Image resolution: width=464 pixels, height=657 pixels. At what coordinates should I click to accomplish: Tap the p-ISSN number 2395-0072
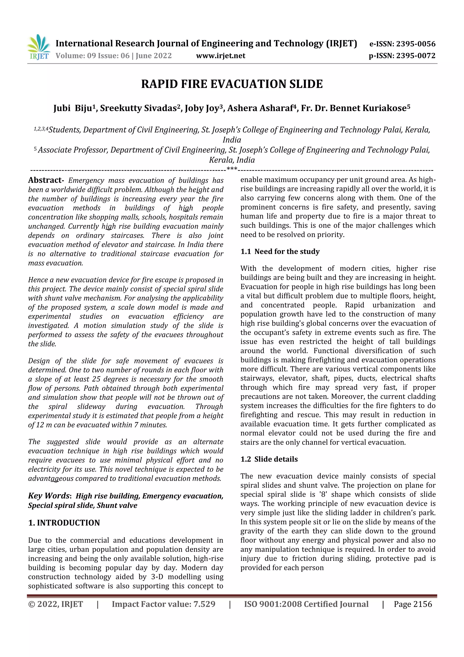click(415, 56)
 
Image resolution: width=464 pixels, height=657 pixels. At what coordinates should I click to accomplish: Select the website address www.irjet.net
click(220, 56)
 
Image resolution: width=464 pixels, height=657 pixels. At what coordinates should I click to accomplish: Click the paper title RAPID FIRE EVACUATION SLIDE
click(232, 84)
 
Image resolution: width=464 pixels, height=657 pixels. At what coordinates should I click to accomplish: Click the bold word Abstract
click(46, 180)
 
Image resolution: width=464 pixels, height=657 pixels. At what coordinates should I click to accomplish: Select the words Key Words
click(49, 496)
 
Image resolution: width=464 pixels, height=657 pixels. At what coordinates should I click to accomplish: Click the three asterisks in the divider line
click(232, 169)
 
